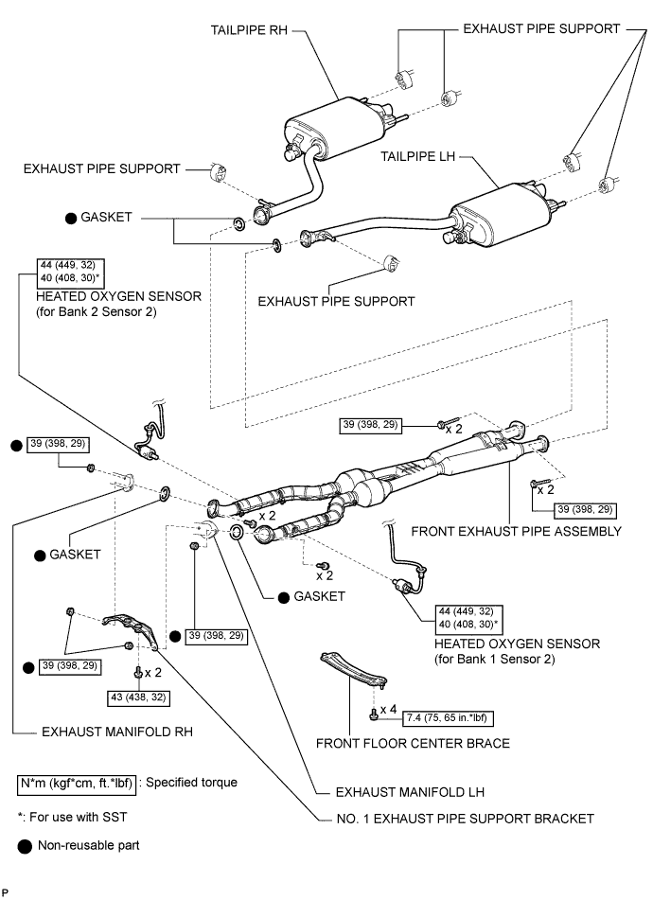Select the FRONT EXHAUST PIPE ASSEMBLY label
[x=516, y=531]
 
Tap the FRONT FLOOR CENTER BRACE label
[x=413, y=743]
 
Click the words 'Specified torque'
[x=195, y=783]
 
